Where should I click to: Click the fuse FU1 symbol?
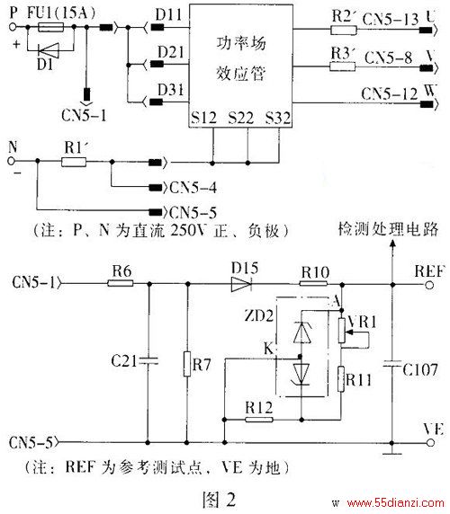coord(51,27)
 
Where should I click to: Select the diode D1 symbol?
coord(49,50)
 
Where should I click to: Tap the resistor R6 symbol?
coord(121,283)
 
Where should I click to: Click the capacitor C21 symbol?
coord(148,360)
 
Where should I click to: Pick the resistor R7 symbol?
coord(187,364)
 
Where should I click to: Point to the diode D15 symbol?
coord(241,284)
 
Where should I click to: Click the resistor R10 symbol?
coord(313,284)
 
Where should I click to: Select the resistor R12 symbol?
coord(259,420)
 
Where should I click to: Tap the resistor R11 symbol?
coord(341,379)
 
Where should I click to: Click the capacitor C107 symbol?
coord(391,364)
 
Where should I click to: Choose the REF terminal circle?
coord(429,285)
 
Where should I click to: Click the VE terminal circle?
coord(430,443)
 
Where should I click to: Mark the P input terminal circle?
coord(13,27)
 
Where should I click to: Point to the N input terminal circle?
coord(12,161)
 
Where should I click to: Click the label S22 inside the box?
coord(241,118)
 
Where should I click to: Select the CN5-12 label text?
coord(390,93)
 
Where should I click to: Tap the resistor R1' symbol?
coord(74,162)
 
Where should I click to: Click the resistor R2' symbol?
coord(343,31)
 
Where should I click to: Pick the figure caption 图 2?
coord(219,499)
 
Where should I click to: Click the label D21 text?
coord(171,52)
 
